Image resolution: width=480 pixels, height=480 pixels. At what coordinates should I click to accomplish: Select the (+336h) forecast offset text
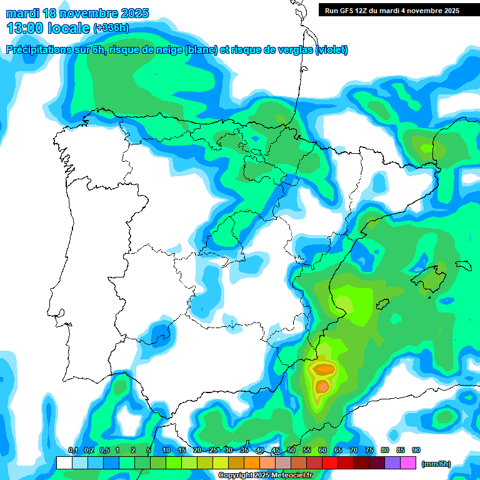click(111, 27)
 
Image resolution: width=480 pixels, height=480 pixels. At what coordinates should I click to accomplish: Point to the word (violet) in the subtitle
click(332, 50)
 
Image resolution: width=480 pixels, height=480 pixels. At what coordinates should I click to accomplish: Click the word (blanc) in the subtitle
click(201, 50)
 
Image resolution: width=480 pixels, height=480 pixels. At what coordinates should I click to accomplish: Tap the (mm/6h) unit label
click(436, 464)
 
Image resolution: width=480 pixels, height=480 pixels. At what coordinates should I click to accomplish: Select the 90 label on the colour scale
click(416, 450)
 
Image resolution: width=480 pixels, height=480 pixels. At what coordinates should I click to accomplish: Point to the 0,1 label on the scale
click(72, 450)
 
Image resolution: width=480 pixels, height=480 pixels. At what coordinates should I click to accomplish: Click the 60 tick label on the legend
click(322, 450)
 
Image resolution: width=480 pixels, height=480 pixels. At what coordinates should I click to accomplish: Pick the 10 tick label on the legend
click(166, 450)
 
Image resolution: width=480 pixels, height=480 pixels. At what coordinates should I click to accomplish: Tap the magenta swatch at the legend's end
click(408, 463)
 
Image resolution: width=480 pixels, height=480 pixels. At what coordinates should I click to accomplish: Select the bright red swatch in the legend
click(330, 463)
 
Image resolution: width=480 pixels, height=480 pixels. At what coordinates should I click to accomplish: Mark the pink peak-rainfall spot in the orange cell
click(322, 387)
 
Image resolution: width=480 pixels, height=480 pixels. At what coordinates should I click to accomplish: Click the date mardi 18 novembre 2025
click(77, 13)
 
